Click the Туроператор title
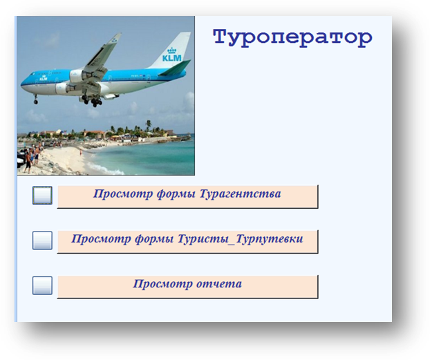(292, 38)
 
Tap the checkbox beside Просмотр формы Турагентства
(42, 196)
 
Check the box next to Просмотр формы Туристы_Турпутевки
(42, 240)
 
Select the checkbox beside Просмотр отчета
(42, 285)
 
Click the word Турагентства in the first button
(240, 194)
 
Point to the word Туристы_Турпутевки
(240, 239)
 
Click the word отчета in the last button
(219, 284)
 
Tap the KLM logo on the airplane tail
(172, 55)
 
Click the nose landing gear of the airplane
(36, 100)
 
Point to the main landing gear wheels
(92, 101)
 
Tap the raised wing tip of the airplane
(118, 36)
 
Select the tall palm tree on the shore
(149, 126)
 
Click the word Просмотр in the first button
(123, 194)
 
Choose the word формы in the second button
(154, 239)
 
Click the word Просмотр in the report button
(162, 284)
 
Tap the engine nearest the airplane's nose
(64, 88)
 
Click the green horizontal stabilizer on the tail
(175, 68)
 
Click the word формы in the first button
(176, 194)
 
